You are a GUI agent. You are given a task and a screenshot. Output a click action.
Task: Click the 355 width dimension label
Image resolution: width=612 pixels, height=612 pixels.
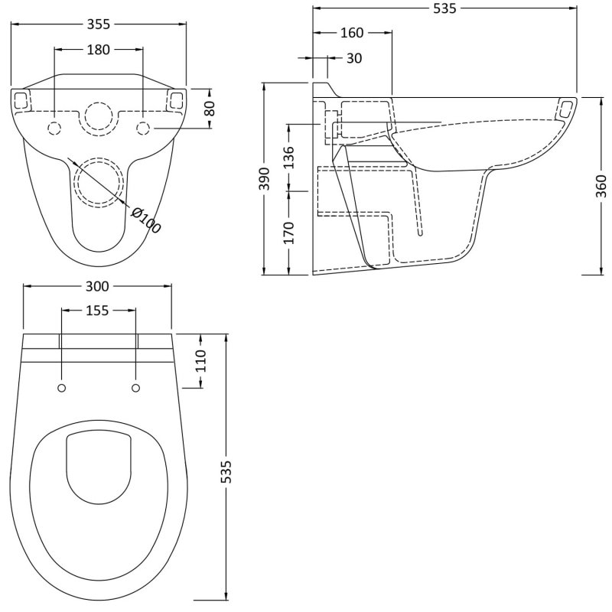pos(99,24)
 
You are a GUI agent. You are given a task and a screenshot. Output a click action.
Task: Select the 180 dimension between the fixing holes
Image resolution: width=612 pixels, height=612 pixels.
pos(98,50)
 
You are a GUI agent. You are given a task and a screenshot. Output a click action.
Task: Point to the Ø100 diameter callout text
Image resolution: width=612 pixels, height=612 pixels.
pos(145,220)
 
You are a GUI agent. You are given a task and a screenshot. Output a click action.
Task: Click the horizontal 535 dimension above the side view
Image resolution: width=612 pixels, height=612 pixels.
pos(444,8)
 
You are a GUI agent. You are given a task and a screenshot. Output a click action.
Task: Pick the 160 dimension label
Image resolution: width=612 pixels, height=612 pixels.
pos(352,33)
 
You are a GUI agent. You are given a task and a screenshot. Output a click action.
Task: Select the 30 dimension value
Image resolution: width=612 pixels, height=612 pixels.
pos(353,58)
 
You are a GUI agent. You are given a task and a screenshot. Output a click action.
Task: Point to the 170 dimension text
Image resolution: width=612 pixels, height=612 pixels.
pos(288,232)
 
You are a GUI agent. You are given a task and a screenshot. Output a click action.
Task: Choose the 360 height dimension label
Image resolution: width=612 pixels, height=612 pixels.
pos(600,186)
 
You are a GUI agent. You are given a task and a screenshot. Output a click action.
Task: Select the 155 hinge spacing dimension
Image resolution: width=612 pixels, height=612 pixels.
pos(98,311)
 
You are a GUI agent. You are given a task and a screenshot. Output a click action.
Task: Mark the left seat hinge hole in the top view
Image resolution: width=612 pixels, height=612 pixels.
pos(61,388)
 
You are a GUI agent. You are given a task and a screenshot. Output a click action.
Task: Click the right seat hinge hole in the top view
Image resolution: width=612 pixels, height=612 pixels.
pos(136,388)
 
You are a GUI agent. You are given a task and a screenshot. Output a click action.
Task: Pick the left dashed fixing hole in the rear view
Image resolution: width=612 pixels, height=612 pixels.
pos(54,127)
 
